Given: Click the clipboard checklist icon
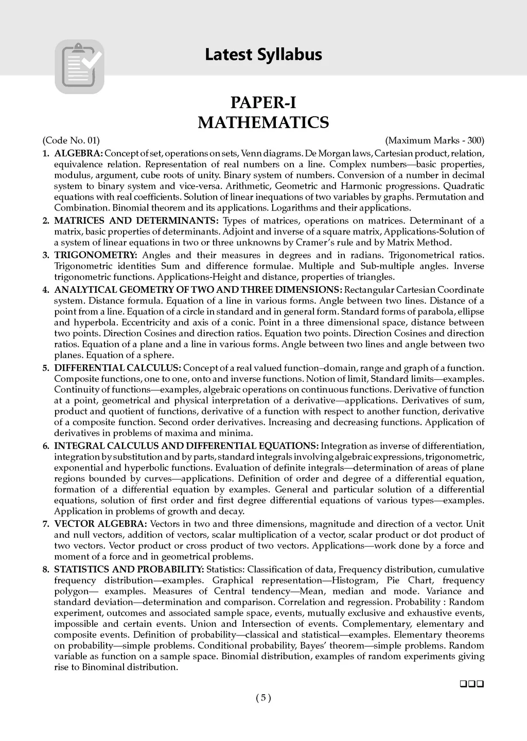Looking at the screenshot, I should tap(79, 66).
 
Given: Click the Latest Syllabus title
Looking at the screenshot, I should tap(263, 54).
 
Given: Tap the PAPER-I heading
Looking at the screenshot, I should tap(263, 103).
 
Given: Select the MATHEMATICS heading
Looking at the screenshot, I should tap(263, 123).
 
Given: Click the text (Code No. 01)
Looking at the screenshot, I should tap(71, 140).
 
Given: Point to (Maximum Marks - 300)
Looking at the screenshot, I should tap(434, 140).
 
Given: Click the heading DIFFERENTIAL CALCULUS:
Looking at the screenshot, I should tap(117, 368).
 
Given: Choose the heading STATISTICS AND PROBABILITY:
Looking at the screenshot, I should tap(129, 569).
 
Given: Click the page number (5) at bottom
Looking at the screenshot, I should tap(263, 698).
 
